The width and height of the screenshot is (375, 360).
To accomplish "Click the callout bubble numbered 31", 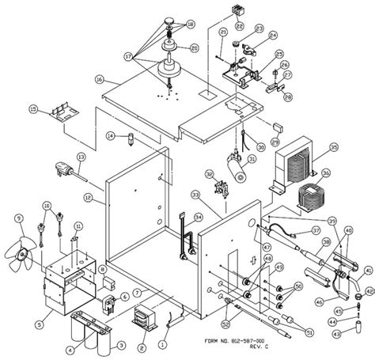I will coord(252,157).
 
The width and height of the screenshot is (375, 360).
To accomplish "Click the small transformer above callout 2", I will coord(142,318).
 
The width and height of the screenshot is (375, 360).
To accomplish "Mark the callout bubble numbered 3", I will coord(120,346).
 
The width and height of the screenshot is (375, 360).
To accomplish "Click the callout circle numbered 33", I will coord(195,195).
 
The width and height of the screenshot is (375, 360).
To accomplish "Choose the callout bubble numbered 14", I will coord(111,136).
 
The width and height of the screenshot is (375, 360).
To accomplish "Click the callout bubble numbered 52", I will coord(225,322).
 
